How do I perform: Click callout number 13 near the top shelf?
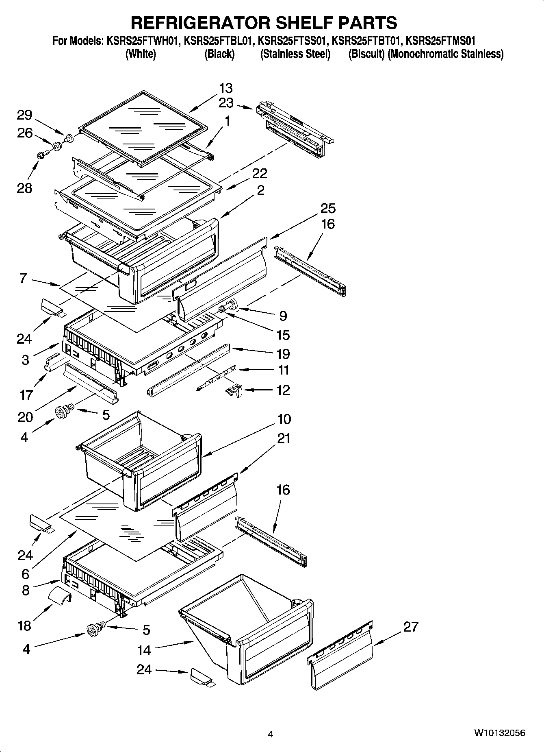tap(226, 88)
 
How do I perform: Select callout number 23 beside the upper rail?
tap(226, 103)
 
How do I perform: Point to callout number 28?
tap(24, 188)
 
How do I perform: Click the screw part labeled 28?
tap(42, 154)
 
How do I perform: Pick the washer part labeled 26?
tap(56, 145)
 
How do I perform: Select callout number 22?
tap(260, 173)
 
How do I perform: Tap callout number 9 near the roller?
tap(283, 316)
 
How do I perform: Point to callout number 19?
tap(283, 354)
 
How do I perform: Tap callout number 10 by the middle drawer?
tap(284, 419)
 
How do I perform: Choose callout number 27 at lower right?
tap(410, 627)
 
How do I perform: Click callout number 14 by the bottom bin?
tap(144, 650)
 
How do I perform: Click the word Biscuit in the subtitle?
tap(366, 54)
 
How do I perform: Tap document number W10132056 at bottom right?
tap(499, 733)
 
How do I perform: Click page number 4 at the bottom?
tap(271, 734)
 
